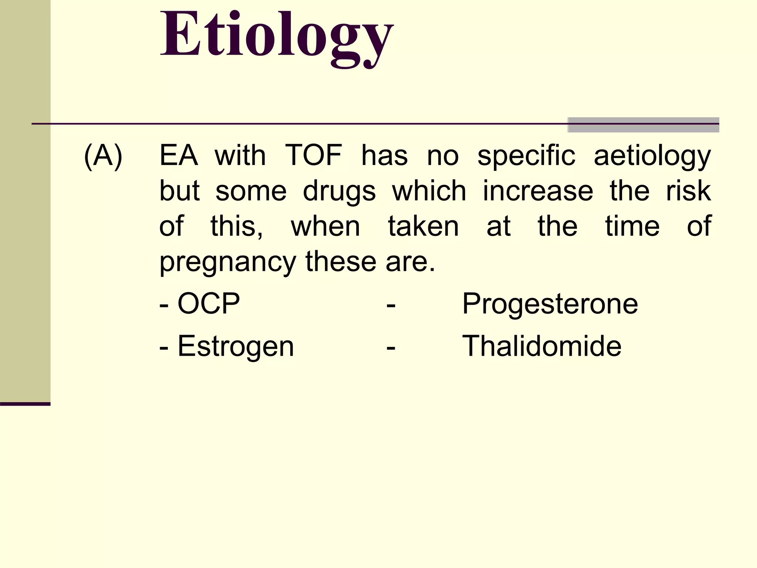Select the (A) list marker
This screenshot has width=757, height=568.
click(x=103, y=156)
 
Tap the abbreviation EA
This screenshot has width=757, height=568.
click(x=179, y=156)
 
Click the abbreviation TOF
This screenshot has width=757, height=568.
click(x=313, y=156)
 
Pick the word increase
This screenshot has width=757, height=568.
click(x=538, y=191)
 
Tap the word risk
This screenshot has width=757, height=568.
click(x=688, y=191)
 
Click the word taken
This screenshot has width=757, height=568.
click(x=423, y=226)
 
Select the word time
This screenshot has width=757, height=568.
click(x=632, y=226)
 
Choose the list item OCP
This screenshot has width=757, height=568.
click(x=208, y=304)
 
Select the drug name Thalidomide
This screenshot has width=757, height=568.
click(x=542, y=346)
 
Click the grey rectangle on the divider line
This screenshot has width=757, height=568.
click(x=643, y=125)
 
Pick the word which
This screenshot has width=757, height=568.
click(x=429, y=191)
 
